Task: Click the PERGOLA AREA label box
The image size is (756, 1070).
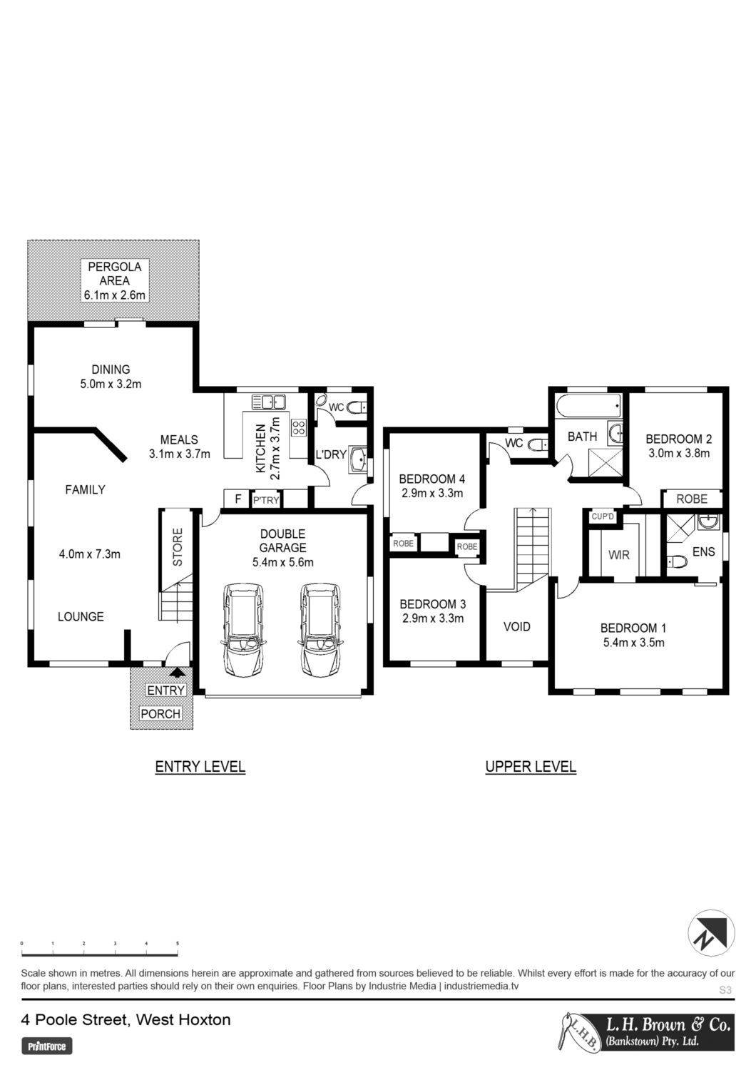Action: click(115, 280)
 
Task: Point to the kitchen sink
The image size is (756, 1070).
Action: click(268, 402)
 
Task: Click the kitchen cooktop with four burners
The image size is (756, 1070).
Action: click(300, 427)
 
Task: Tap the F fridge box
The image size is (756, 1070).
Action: click(237, 499)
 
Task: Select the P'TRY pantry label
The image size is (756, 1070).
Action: click(265, 500)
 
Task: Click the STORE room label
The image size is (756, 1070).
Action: click(177, 547)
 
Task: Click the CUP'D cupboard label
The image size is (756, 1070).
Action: click(603, 516)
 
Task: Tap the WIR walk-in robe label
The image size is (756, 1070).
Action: click(618, 555)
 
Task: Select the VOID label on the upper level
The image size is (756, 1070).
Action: click(517, 626)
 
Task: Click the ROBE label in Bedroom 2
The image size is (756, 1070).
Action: click(692, 499)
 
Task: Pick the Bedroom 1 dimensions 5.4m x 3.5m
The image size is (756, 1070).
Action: click(633, 643)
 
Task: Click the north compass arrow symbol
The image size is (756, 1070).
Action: click(711, 933)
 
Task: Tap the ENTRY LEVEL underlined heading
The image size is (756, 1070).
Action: click(200, 767)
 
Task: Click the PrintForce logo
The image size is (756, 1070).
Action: click(47, 1046)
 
